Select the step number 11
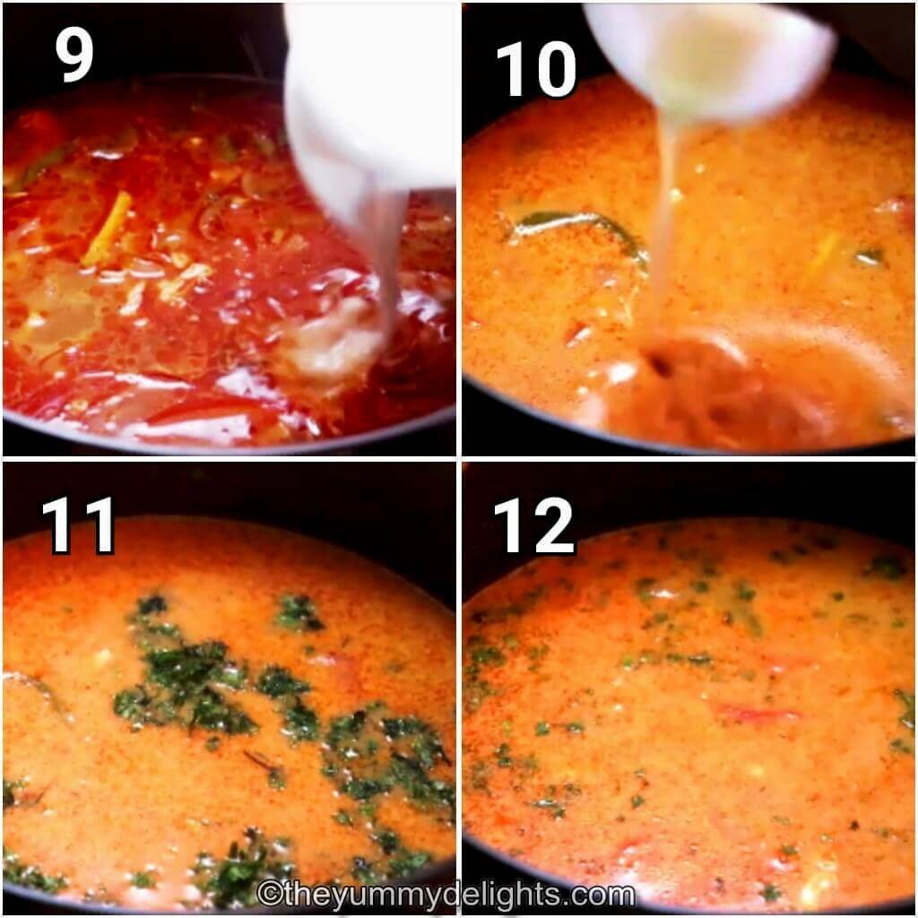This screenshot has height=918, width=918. (78, 525)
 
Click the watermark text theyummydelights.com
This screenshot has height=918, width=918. (446, 894)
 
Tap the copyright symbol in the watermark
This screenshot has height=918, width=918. (267, 895)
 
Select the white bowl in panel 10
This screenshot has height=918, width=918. (708, 54)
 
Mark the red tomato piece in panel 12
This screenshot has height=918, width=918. (758, 714)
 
